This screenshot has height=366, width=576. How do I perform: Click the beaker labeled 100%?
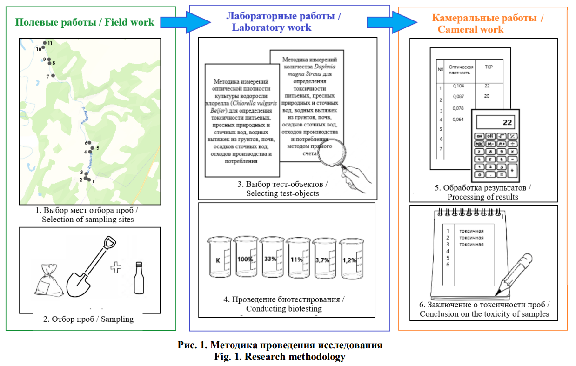(245, 259)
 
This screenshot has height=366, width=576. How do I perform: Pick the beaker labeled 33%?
(271, 259)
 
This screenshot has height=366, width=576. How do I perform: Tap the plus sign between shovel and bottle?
(115, 267)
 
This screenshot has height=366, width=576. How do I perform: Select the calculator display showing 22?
(495, 122)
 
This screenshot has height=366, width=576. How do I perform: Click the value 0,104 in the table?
(458, 86)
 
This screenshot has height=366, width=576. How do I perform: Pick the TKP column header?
(489, 67)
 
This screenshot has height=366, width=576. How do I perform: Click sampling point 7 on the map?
(53, 75)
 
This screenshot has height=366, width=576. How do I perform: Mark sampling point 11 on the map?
(45, 43)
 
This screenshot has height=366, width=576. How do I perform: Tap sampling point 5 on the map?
(92, 148)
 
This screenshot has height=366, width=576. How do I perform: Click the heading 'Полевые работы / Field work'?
(85, 22)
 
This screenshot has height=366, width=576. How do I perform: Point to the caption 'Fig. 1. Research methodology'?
(280, 357)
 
